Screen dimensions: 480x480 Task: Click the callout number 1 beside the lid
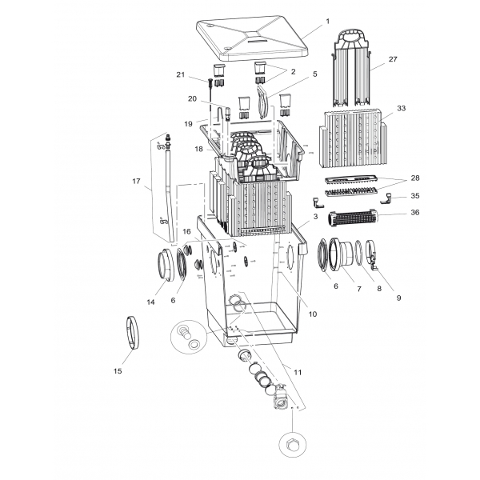point(327,22)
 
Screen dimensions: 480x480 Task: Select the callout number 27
point(393,59)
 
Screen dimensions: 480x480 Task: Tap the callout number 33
point(401,108)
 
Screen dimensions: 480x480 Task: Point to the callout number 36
point(414,212)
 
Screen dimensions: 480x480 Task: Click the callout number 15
point(118,371)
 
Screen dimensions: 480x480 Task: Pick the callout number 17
point(136,182)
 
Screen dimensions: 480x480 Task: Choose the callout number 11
point(298,372)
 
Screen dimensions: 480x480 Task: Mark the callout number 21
point(181,74)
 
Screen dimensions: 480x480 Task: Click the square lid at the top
point(253,40)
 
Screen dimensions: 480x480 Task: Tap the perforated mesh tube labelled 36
point(352,218)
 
